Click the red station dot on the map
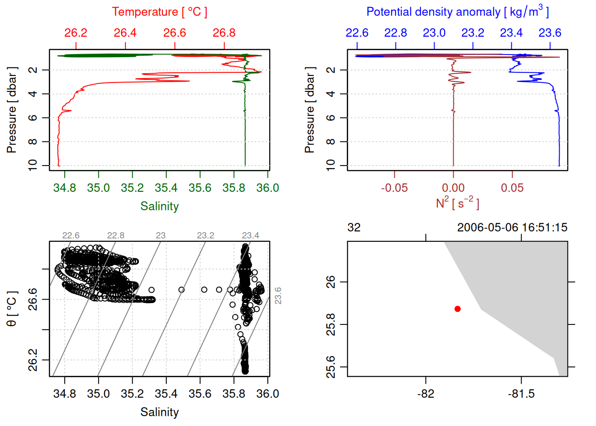click(457, 309)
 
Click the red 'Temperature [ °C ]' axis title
click(159, 12)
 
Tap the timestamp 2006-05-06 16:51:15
click(512, 228)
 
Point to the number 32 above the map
click(354, 228)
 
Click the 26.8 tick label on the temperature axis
click(224, 33)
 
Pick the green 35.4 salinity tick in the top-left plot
click(166, 188)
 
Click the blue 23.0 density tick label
click(434, 33)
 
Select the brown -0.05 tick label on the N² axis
click(394, 188)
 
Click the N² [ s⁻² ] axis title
click(457, 203)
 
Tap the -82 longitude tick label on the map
click(425, 394)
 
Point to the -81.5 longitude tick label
click(521, 394)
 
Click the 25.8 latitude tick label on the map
click(331, 324)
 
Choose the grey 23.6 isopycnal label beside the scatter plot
click(278, 296)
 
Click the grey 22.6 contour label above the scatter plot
click(71, 235)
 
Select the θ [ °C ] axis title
click(12, 309)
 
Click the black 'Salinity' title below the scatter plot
click(159, 412)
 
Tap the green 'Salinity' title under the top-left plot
click(159, 206)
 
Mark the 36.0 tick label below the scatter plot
click(267, 394)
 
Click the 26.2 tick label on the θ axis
click(33, 360)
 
